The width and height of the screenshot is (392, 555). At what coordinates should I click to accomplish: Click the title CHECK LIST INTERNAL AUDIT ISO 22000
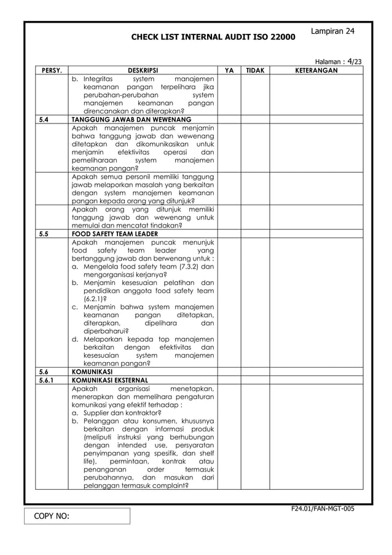213,38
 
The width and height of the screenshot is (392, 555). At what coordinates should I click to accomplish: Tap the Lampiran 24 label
332,31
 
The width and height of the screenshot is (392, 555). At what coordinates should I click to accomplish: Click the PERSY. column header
51,71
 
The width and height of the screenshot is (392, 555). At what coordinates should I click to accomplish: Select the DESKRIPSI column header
143,71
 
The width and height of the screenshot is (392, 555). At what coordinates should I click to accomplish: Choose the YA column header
229,71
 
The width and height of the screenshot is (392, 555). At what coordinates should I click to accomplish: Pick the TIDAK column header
255,71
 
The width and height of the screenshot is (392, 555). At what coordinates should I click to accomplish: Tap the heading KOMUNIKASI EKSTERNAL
112,380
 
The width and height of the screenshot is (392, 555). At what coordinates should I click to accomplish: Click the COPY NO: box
77,516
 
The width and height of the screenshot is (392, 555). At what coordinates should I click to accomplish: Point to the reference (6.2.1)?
95,299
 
